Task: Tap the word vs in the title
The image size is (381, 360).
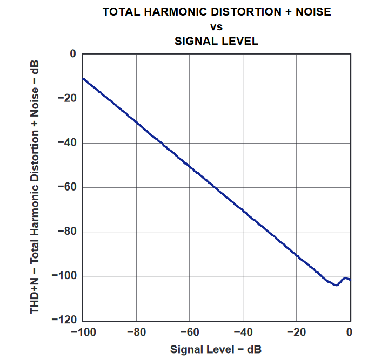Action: pos(216,26)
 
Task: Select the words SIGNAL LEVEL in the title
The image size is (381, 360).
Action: pos(217,40)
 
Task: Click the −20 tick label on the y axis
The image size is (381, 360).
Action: pos(66,98)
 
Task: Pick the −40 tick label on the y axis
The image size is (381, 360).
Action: pos(66,142)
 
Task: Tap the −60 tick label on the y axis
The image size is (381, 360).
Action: pos(66,187)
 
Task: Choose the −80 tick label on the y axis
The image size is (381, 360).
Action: pos(66,232)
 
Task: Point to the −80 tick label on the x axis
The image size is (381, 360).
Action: pos(136,331)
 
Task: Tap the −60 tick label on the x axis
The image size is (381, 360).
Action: pos(190,331)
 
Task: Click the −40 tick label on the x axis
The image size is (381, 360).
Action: pos(243,331)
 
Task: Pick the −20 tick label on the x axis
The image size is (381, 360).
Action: pos(296,331)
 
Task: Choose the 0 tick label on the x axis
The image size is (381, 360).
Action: pos(350,331)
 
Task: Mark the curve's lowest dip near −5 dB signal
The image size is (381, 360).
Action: pos(336,284)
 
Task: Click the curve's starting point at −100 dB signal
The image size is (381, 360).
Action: pos(83,79)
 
